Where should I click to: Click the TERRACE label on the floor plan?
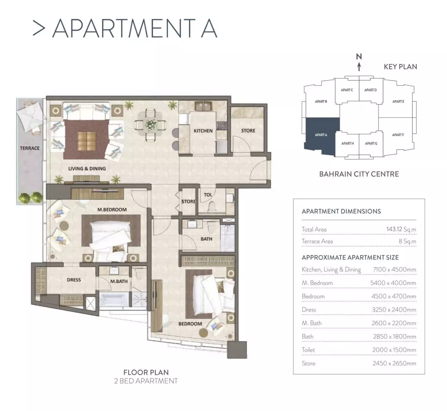(30, 148)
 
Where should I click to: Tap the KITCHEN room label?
(203, 131)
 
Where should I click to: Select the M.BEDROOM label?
(112, 210)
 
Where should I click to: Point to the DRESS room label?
(74, 280)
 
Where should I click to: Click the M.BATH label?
(119, 281)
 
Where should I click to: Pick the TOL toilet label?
(207, 195)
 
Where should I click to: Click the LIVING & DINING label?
(87, 169)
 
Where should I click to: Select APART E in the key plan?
(398, 101)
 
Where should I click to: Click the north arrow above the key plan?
(359, 66)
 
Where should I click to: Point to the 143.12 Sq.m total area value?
(401, 229)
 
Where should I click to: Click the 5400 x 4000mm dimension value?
(393, 283)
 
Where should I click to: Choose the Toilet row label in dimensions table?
(308, 350)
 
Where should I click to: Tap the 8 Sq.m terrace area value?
(407, 242)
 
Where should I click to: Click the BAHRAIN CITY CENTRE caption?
(359, 174)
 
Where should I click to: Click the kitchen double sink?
(203, 106)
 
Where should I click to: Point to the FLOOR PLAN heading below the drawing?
(146, 372)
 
